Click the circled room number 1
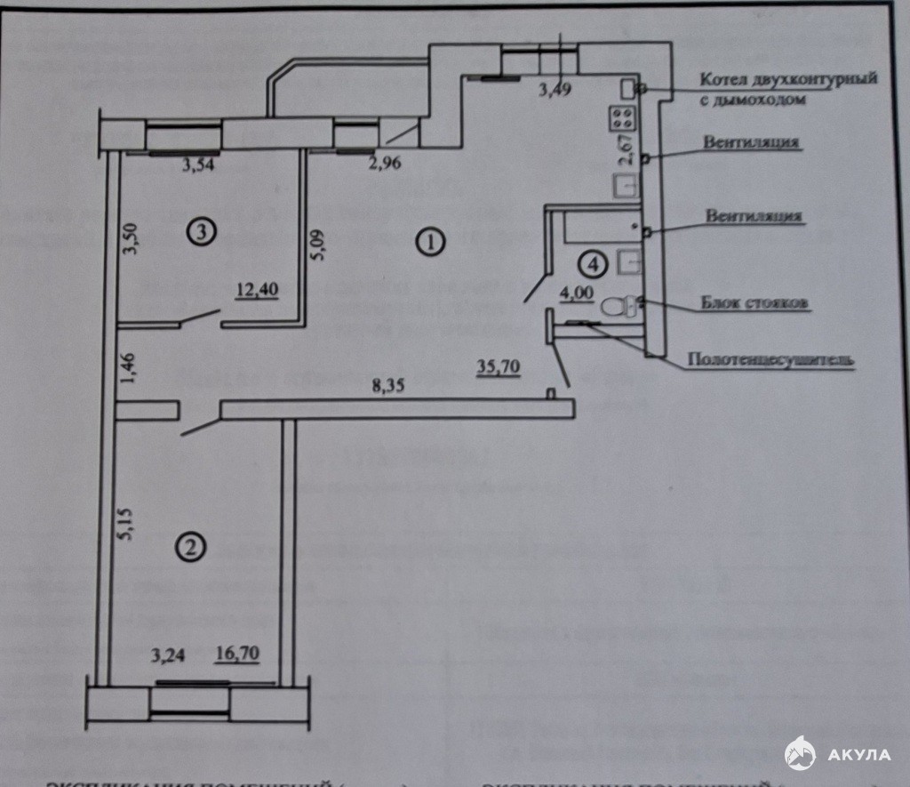tap(430, 242)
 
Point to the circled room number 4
tap(592, 262)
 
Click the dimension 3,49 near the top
tap(556, 89)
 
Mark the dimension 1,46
tap(130, 367)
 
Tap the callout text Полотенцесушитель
tap(770, 360)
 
